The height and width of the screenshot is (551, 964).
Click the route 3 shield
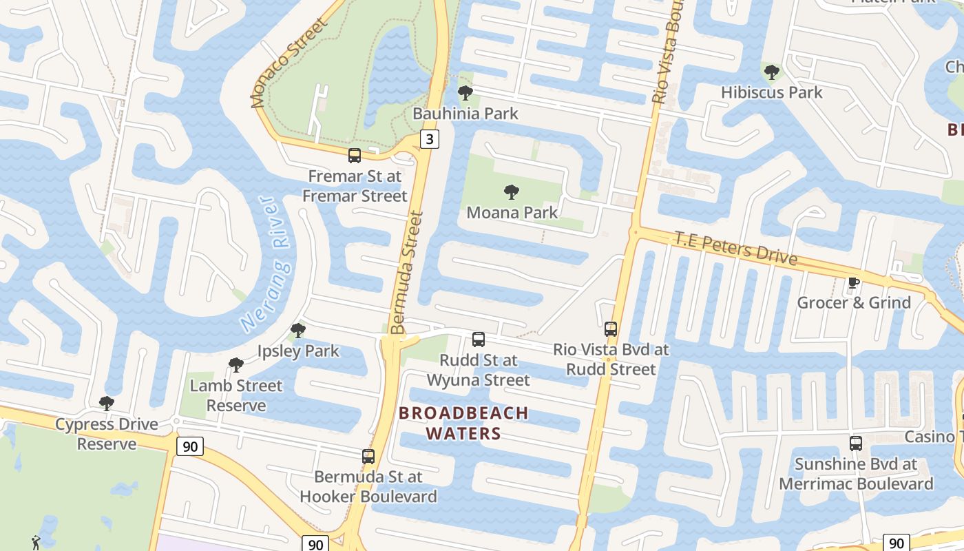coord(430,140)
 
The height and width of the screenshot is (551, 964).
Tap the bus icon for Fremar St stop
coord(355,156)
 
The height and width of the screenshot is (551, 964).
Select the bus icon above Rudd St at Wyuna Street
coord(479,340)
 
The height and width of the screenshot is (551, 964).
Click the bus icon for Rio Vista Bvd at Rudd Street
coord(611,329)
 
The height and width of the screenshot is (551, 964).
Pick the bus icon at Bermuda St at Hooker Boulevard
coord(368,457)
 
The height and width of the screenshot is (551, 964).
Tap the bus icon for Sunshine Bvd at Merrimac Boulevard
coord(856,444)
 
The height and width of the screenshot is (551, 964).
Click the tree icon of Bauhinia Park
coord(465,92)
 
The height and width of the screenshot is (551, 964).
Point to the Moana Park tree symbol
coord(511,192)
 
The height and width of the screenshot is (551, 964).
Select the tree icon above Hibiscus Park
coord(772,72)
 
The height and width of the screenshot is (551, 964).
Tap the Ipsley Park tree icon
coord(298,331)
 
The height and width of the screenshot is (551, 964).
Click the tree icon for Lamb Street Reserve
coord(236,365)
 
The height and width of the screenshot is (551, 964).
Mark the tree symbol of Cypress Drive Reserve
coord(107,404)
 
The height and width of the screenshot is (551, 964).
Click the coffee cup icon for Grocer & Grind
coord(853,282)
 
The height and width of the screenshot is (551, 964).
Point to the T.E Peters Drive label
coord(735,249)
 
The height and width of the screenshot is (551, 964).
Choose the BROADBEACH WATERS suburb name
coord(464,423)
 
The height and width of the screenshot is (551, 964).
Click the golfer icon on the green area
coord(36,543)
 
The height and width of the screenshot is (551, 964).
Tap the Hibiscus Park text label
coord(771,92)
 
